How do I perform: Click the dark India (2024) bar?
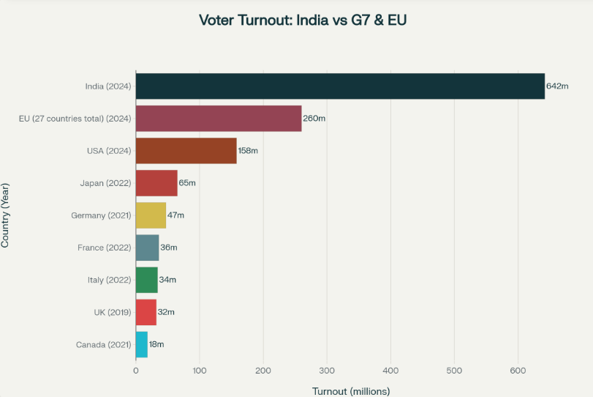coord(340,86)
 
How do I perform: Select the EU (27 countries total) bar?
coord(219,119)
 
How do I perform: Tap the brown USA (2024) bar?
coord(186,151)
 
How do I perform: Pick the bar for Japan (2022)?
coord(156,183)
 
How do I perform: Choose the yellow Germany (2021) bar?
coord(151,215)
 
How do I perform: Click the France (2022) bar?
coord(147,248)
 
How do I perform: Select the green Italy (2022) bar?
coord(146,280)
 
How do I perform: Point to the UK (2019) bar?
coord(146,312)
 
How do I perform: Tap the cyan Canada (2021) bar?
coord(142,344)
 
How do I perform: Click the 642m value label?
coord(557,86)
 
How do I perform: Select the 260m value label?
coord(314,119)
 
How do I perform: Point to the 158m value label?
coord(249,151)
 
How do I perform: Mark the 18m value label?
coord(156,344)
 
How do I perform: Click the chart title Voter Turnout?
coord(302,20)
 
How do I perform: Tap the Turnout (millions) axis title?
coord(351,391)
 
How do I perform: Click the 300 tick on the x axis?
coord(327,371)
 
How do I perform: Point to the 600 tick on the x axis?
coord(518,371)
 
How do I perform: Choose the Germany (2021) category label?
coord(101,215)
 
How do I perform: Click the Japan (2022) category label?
coord(105,183)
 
